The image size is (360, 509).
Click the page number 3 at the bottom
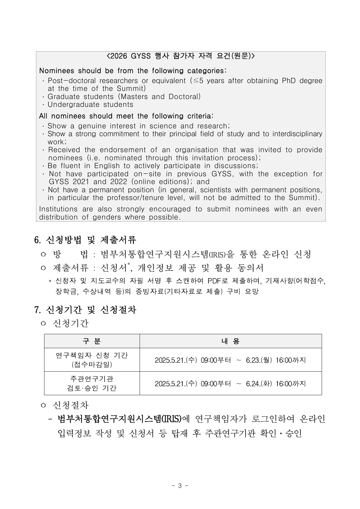pos(180,485)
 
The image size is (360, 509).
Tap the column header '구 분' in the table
pos(92,341)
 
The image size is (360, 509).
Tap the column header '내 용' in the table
pos(231,341)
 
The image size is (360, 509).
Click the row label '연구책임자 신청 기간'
pos(92,355)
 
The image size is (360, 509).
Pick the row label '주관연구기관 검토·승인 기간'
pos(92,383)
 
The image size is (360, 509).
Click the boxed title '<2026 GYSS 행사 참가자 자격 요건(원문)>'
pos(181,56)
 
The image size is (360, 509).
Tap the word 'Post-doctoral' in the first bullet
pos(72,81)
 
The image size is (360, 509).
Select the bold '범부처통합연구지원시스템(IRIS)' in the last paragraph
pos(119,419)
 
